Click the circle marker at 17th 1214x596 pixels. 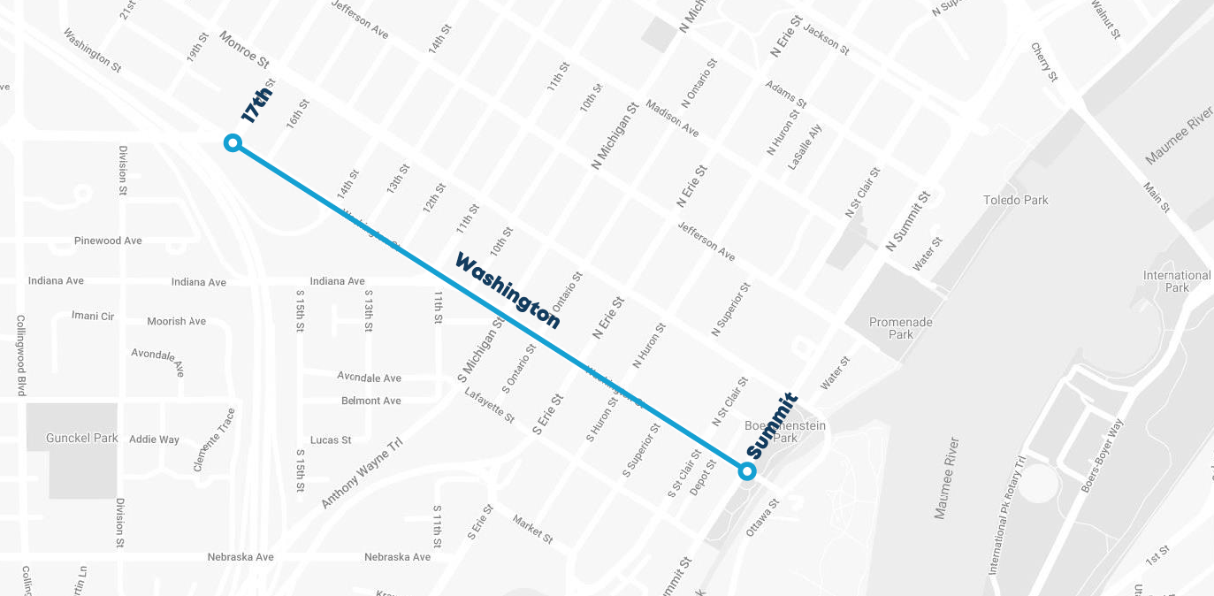233,142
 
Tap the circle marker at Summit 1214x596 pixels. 747,471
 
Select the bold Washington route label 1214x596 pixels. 508,290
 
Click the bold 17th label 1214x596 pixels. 257,101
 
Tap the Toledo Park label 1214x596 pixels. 1016,200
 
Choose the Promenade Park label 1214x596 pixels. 901,328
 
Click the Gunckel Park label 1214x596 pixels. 82,438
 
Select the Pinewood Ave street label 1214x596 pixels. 108,241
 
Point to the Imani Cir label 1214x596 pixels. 93,316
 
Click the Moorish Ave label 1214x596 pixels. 176,321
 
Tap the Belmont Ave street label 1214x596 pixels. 370,401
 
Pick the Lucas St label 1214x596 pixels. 331,439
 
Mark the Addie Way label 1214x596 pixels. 154,439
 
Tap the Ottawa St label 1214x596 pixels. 762,517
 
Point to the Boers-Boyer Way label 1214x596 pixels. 1102,455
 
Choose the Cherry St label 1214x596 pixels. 1043,62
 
